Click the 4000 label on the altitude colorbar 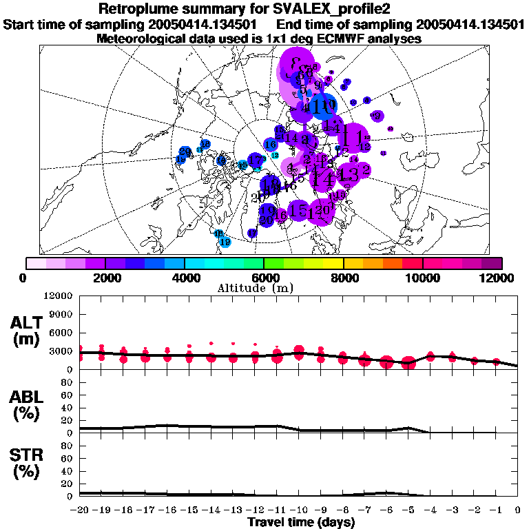(x=184, y=277)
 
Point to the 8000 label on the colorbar (x=343, y=277)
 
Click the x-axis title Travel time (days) (x=301, y=523)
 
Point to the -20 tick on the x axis (x=81, y=510)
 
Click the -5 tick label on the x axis (x=408, y=510)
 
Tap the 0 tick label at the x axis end (x=518, y=510)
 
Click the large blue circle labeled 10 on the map (x=322, y=107)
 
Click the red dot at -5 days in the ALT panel (x=408, y=363)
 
